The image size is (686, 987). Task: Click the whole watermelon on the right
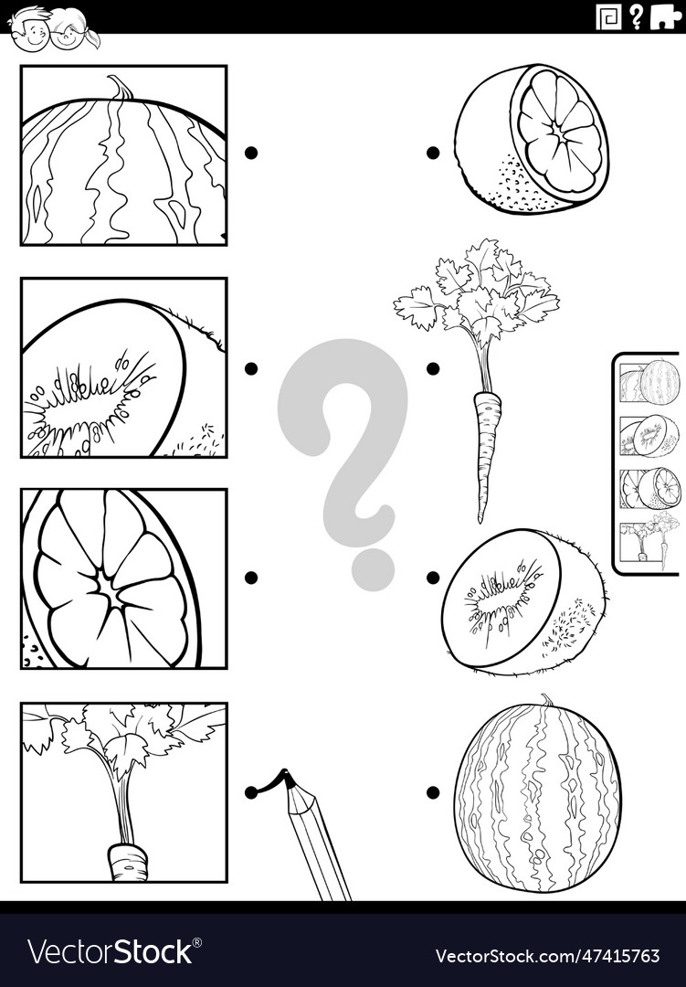pos(537,795)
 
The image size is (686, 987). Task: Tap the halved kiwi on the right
pos(522,600)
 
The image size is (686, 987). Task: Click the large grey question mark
pos(345,457)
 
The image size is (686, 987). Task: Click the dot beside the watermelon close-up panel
pos(251,153)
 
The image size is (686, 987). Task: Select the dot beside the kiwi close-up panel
pos(251,368)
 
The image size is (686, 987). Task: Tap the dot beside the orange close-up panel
pos(251,578)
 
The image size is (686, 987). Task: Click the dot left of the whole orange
pos(433,153)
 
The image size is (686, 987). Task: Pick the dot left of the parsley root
pos(433,368)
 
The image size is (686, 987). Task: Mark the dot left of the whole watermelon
pos(433,792)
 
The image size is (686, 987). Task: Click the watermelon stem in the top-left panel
pos(120,88)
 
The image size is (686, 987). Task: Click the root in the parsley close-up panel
pos(127,861)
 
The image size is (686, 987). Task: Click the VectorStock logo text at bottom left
pos(110,952)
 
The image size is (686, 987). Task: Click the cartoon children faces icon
pos(52,29)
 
